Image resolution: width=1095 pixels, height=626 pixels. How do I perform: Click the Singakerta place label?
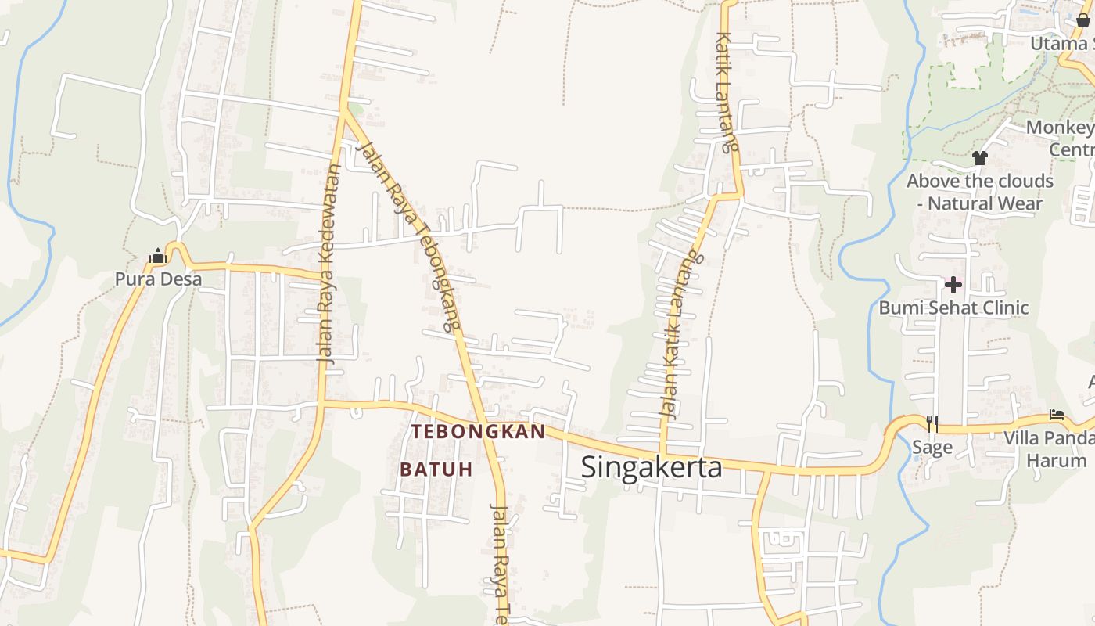point(652,467)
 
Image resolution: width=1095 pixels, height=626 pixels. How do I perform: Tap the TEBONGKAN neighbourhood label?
point(478,432)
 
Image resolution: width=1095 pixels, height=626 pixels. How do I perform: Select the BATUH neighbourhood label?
point(436,469)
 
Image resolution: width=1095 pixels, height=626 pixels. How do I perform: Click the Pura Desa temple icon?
point(158,256)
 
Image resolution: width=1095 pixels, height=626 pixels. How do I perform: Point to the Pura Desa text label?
point(158,279)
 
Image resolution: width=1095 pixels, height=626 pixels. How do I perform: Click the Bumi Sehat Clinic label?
point(953,308)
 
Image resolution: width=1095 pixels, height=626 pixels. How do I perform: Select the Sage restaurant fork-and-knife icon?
point(932,423)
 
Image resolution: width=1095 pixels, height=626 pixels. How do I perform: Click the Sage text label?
point(932,447)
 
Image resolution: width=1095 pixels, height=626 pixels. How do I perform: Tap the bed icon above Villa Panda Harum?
point(1057,415)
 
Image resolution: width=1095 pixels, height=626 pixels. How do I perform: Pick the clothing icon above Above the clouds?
point(979,157)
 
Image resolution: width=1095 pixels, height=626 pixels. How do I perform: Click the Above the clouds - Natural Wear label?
point(979,192)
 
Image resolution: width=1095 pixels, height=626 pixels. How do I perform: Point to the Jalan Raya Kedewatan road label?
point(328,262)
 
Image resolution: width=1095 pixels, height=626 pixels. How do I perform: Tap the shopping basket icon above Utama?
point(1082,20)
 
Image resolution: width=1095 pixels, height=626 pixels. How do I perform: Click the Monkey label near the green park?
point(1059,128)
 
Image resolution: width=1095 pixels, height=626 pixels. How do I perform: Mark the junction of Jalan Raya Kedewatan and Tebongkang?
point(344,112)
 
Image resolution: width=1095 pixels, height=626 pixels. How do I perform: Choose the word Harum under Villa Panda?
point(1056,460)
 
